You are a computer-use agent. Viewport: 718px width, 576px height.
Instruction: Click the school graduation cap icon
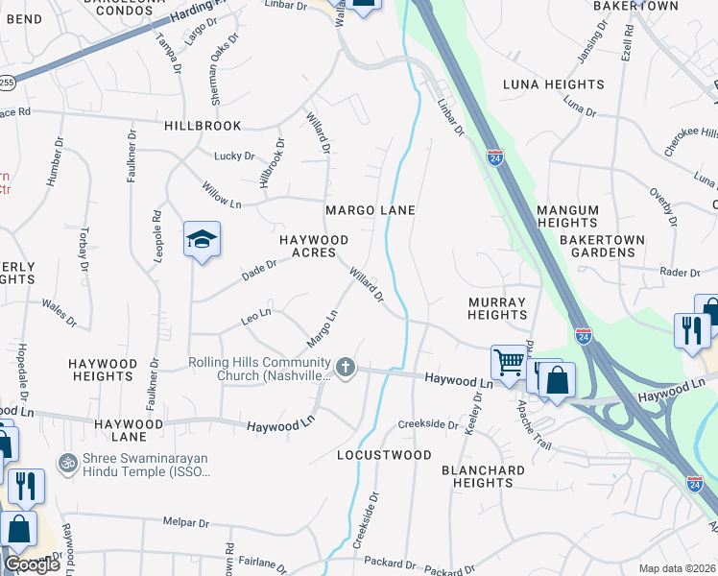(203, 239)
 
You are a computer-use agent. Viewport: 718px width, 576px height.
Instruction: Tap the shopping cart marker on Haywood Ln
(508, 363)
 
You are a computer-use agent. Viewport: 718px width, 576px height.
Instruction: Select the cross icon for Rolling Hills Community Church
(347, 367)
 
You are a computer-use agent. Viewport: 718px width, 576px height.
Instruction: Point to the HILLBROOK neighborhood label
(203, 126)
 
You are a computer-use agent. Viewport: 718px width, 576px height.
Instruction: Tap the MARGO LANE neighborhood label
(370, 210)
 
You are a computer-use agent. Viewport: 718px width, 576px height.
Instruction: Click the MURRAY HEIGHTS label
(497, 308)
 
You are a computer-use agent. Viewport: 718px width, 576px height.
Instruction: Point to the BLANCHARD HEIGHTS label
(484, 476)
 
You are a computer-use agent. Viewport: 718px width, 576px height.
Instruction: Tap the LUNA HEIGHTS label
(553, 84)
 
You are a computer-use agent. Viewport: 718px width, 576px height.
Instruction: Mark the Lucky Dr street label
(234, 156)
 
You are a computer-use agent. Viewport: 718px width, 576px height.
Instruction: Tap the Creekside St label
(428, 424)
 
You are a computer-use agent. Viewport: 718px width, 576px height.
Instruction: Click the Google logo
(32, 564)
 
